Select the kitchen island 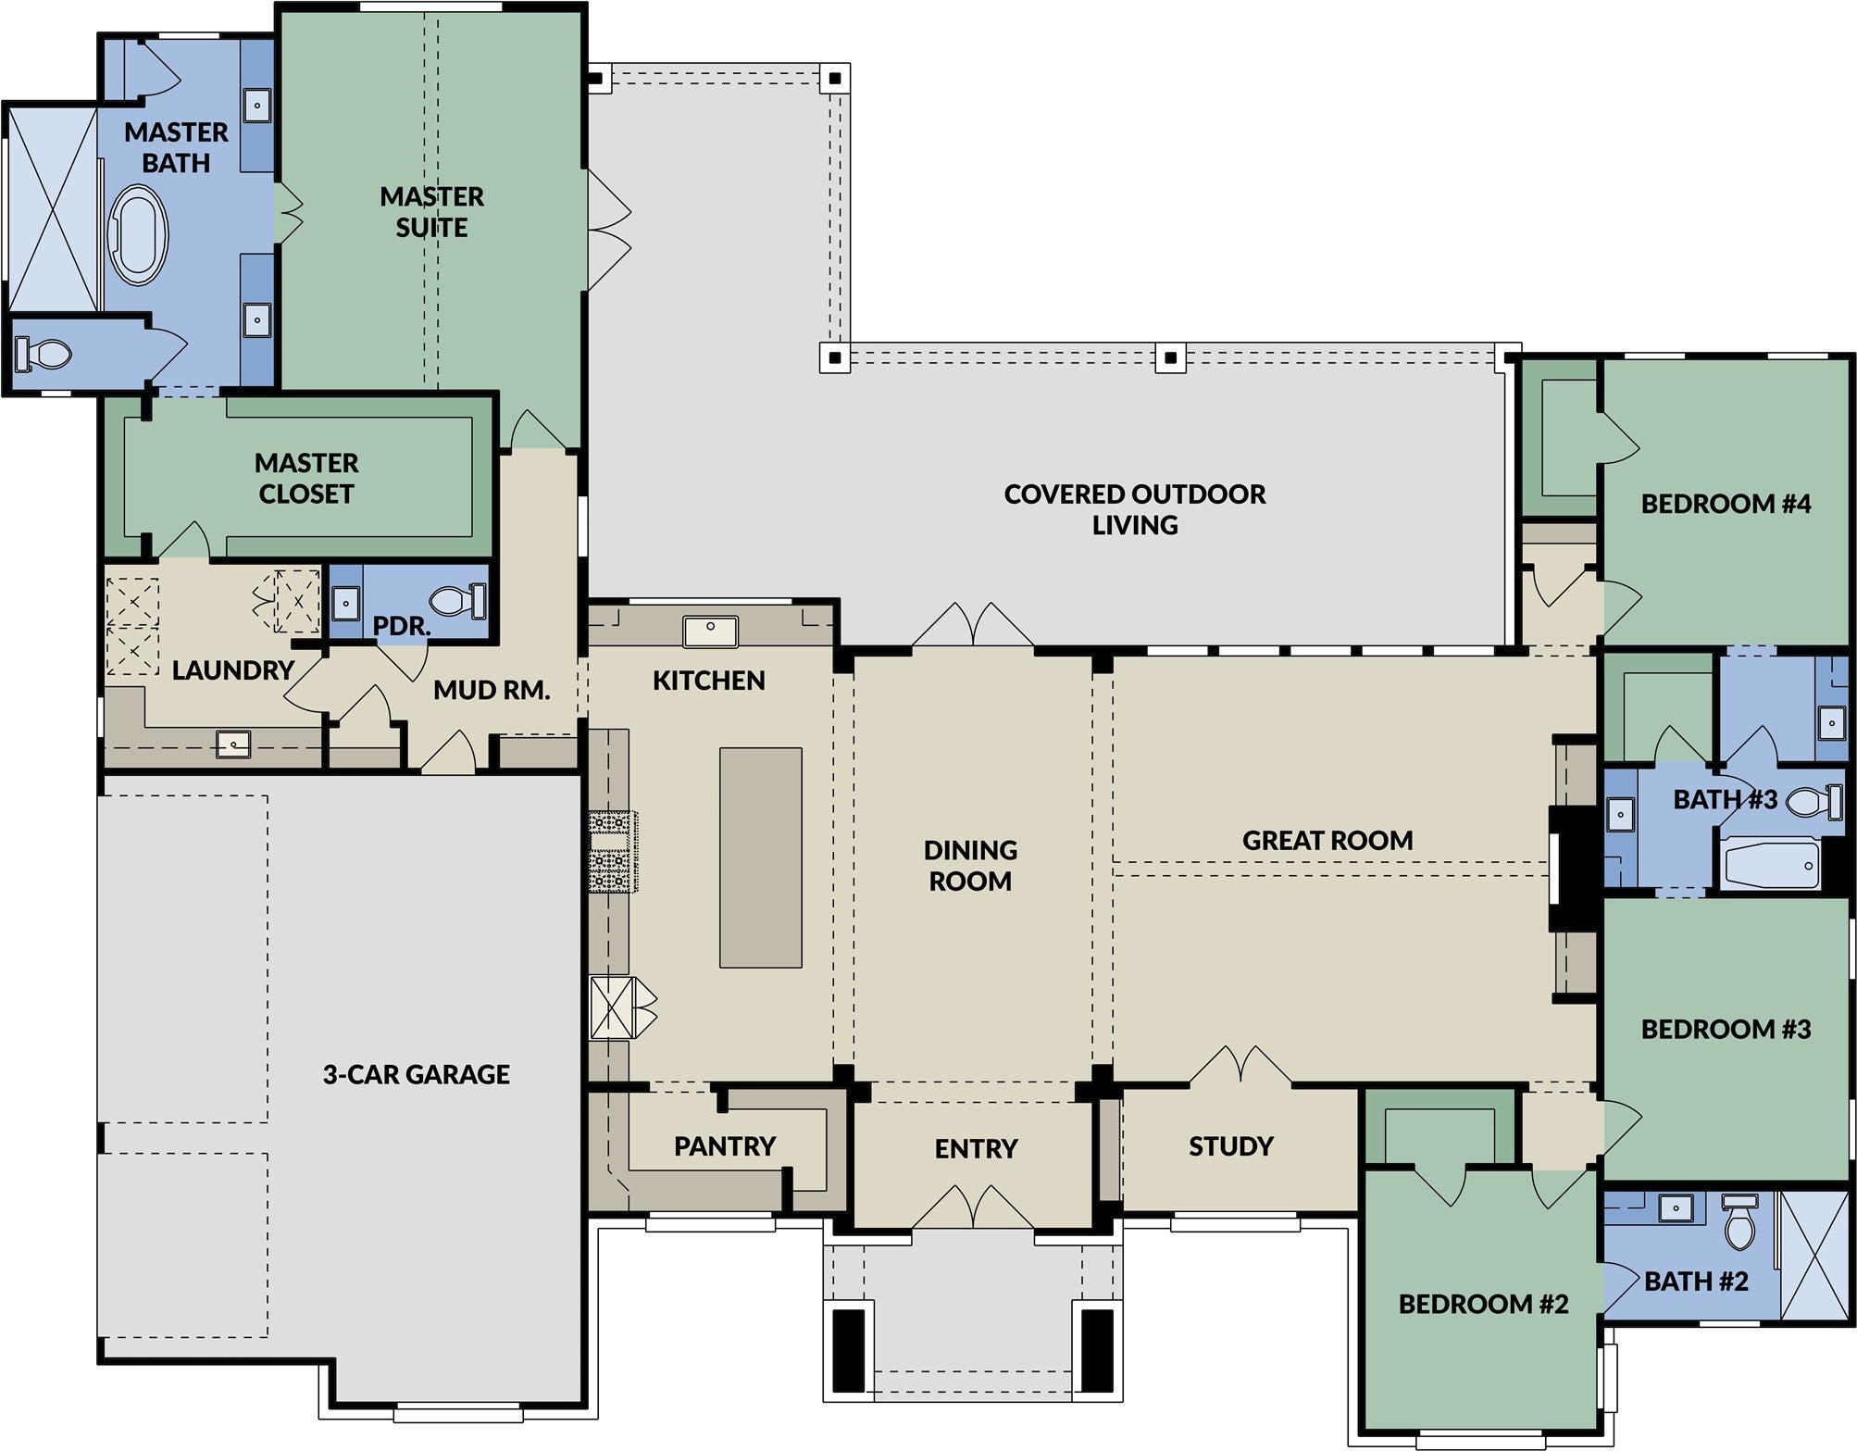coord(761,857)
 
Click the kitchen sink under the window coord(710,632)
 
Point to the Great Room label coord(1327,841)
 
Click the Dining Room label coord(970,866)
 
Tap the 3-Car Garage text coord(417,1074)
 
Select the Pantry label coord(725,1146)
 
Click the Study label coord(1231,1146)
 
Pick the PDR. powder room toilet coord(458,601)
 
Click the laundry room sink coord(233,744)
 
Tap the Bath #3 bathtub coord(1768,864)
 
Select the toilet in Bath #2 coord(1739,1221)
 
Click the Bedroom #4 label coord(1726,504)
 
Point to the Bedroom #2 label coord(1483,1304)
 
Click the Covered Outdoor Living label coord(1135,509)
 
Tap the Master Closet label coord(306,478)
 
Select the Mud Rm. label coord(492,690)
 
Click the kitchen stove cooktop coord(612,851)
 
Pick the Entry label coord(976,1149)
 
